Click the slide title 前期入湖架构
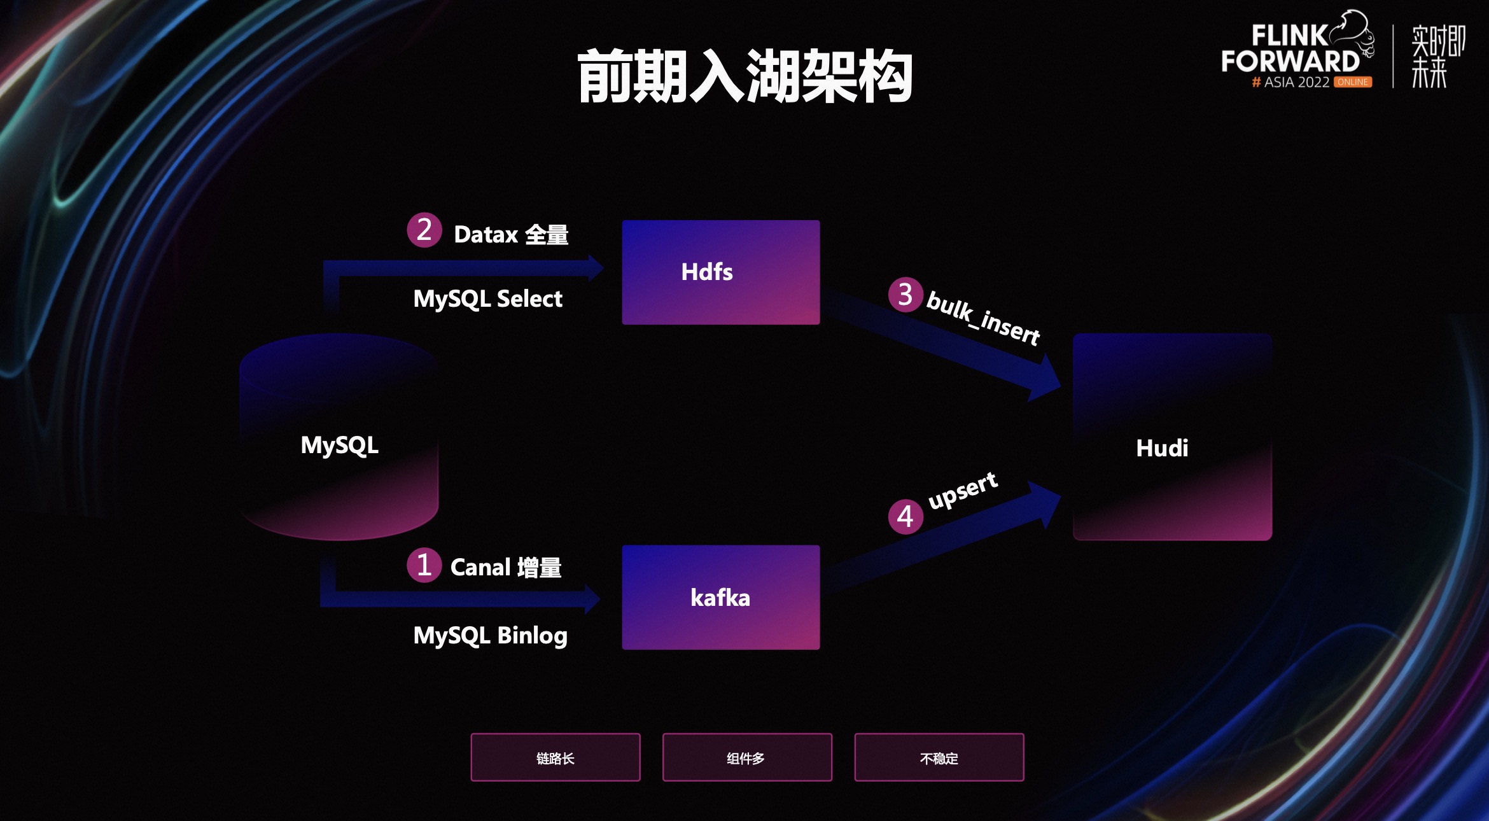[744, 76]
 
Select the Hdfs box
[720, 272]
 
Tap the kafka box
[720, 597]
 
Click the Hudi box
[1172, 437]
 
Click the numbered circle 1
[424, 565]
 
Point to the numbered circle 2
[424, 230]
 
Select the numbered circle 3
[905, 295]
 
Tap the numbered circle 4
[905, 516]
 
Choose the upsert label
[963, 490]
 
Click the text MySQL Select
[487, 299]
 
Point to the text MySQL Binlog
[490, 635]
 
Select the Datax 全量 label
[510, 235]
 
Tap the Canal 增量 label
[506, 567]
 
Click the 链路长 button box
[555, 757]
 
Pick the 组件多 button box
[746, 757]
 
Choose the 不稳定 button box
[939, 757]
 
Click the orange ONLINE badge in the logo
[1352, 82]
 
